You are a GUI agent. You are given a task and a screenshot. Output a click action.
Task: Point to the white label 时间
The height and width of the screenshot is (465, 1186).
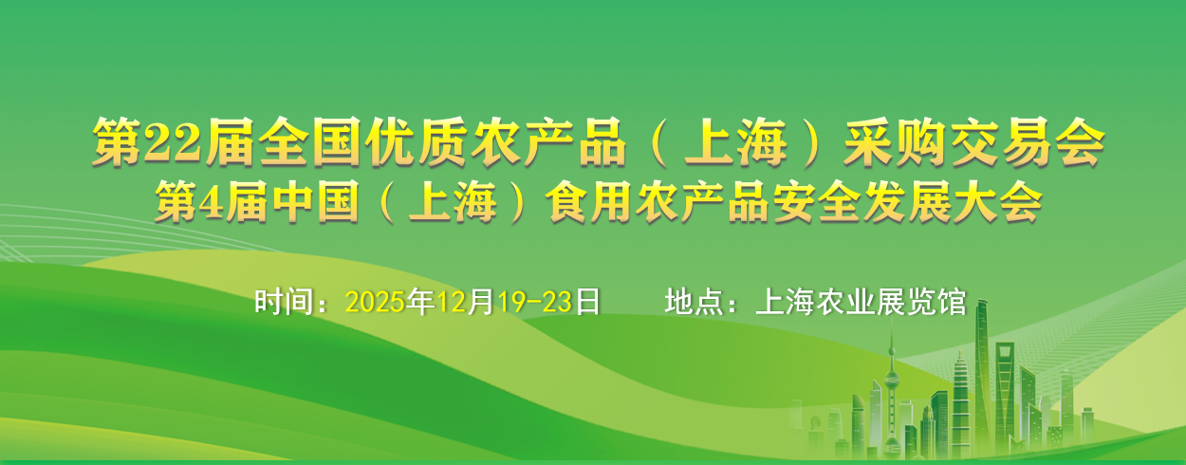click(x=284, y=302)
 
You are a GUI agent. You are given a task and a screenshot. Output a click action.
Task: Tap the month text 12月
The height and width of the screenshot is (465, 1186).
click(x=465, y=302)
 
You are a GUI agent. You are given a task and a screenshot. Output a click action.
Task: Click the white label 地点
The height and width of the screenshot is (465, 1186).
click(x=694, y=302)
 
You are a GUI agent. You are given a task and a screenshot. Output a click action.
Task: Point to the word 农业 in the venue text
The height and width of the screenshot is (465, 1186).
click(x=846, y=302)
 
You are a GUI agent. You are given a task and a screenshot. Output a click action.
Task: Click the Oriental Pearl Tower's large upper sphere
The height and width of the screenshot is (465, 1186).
click(x=892, y=378)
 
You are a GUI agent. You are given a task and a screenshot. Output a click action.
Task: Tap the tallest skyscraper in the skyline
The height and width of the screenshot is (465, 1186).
click(x=983, y=379)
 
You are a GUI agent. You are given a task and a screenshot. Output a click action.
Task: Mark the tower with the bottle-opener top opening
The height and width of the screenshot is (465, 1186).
click(x=1005, y=392)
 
